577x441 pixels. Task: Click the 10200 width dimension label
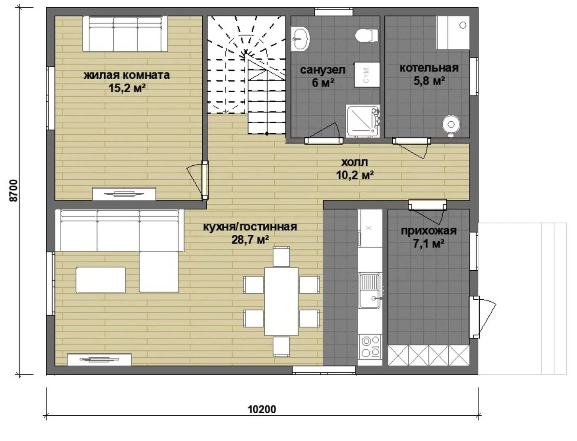262,409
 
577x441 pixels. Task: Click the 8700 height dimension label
13,190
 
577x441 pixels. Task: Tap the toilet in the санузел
367,35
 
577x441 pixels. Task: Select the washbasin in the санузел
300,39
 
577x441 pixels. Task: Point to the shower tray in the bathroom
363,121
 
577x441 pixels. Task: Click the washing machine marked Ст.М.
367,74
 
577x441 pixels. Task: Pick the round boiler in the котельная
451,125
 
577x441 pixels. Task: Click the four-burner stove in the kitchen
370,346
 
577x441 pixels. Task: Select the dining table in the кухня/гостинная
281,301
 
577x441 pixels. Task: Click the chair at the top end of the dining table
281,256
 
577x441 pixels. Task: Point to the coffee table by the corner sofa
101,280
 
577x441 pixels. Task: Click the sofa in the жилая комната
125,34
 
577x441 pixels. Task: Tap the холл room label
354,162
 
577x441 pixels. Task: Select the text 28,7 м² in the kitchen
250,239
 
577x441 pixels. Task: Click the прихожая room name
429,231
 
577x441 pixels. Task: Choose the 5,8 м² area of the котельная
429,81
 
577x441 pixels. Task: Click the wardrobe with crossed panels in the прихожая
429,355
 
